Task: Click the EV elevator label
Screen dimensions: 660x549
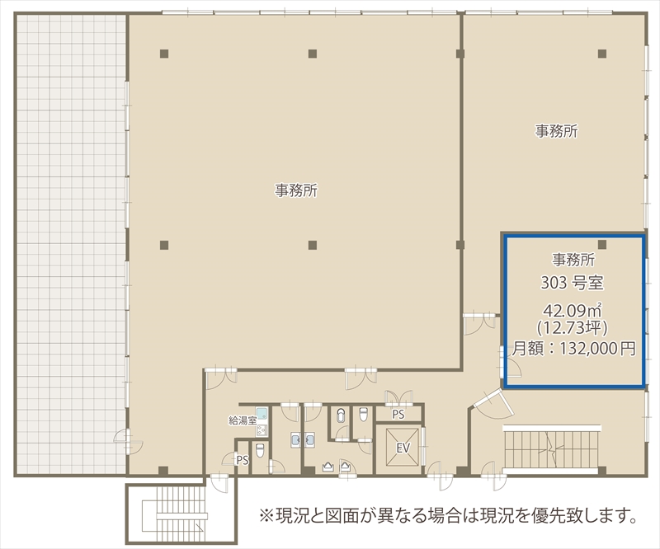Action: (x=403, y=448)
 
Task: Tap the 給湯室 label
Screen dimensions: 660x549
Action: (x=242, y=420)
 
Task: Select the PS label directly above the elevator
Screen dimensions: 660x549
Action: (x=398, y=415)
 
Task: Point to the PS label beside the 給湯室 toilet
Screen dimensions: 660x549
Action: (x=243, y=460)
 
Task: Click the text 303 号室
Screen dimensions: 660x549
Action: (x=572, y=283)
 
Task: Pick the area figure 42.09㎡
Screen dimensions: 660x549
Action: (x=572, y=311)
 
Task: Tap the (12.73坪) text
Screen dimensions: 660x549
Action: (x=572, y=328)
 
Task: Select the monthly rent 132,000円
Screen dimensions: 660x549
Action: (x=597, y=349)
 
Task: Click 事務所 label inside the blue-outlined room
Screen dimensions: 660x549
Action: (x=573, y=260)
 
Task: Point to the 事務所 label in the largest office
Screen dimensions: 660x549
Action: (x=296, y=190)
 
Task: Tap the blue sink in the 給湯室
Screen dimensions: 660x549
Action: (x=262, y=414)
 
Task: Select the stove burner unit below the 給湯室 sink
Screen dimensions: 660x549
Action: (x=262, y=430)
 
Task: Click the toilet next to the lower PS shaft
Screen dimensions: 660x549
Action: (x=260, y=450)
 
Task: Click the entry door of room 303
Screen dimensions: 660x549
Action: (x=510, y=362)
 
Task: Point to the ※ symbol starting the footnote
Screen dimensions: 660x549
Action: (x=266, y=515)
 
